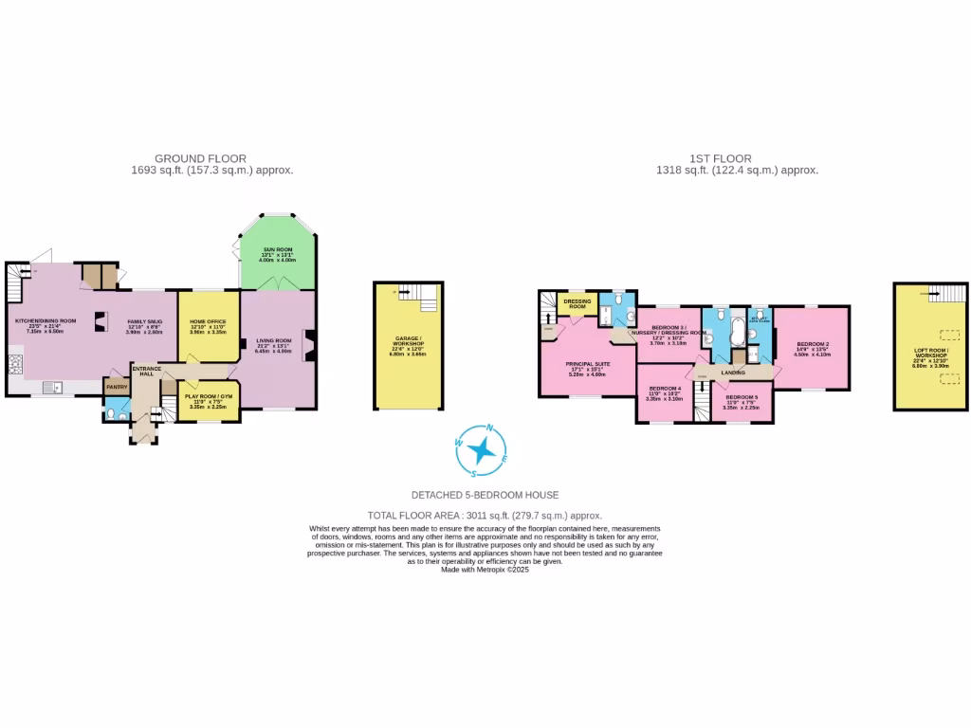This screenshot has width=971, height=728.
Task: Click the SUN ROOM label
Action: pos(279,248)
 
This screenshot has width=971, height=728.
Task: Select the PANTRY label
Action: pos(117,387)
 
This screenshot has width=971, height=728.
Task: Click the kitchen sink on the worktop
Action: pos(53,387)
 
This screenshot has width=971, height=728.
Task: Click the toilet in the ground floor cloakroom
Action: pos(113,410)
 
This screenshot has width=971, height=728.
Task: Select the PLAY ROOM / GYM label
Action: pos(208,395)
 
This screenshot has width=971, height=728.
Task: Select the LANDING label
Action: pos(732,373)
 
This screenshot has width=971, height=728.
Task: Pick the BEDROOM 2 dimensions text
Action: pos(813,352)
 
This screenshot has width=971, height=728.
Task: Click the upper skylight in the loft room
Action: pos(948,335)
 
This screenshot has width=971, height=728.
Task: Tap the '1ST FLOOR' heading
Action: pos(721,158)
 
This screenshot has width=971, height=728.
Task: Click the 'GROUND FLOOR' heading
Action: pos(200,158)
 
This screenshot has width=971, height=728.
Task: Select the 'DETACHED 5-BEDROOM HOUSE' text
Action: pos(485,495)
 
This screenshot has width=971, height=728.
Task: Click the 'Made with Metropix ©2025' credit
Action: pos(485,570)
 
